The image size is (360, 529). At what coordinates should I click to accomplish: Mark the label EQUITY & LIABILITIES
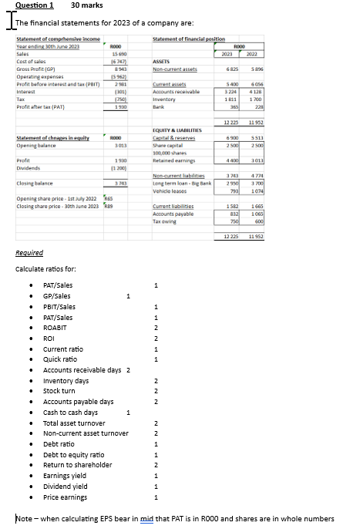click(x=183, y=131)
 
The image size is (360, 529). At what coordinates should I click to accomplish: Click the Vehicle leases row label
click(x=174, y=190)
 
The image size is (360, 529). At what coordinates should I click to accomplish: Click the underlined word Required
click(x=29, y=252)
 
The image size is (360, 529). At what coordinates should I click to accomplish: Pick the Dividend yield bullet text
click(x=66, y=487)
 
